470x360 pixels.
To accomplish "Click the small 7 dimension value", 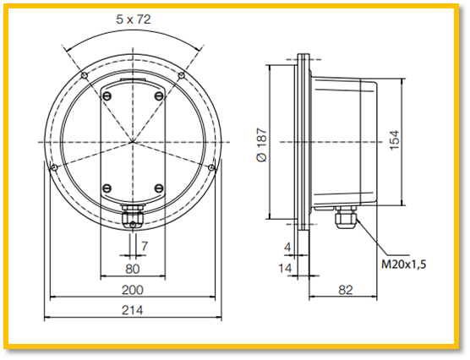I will point(145,246).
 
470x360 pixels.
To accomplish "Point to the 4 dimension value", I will point(287,247).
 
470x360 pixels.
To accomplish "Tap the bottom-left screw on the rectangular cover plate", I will point(107,188).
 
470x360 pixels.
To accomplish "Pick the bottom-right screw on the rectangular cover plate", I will point(159,188).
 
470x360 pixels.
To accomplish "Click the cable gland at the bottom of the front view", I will point(132,218).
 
